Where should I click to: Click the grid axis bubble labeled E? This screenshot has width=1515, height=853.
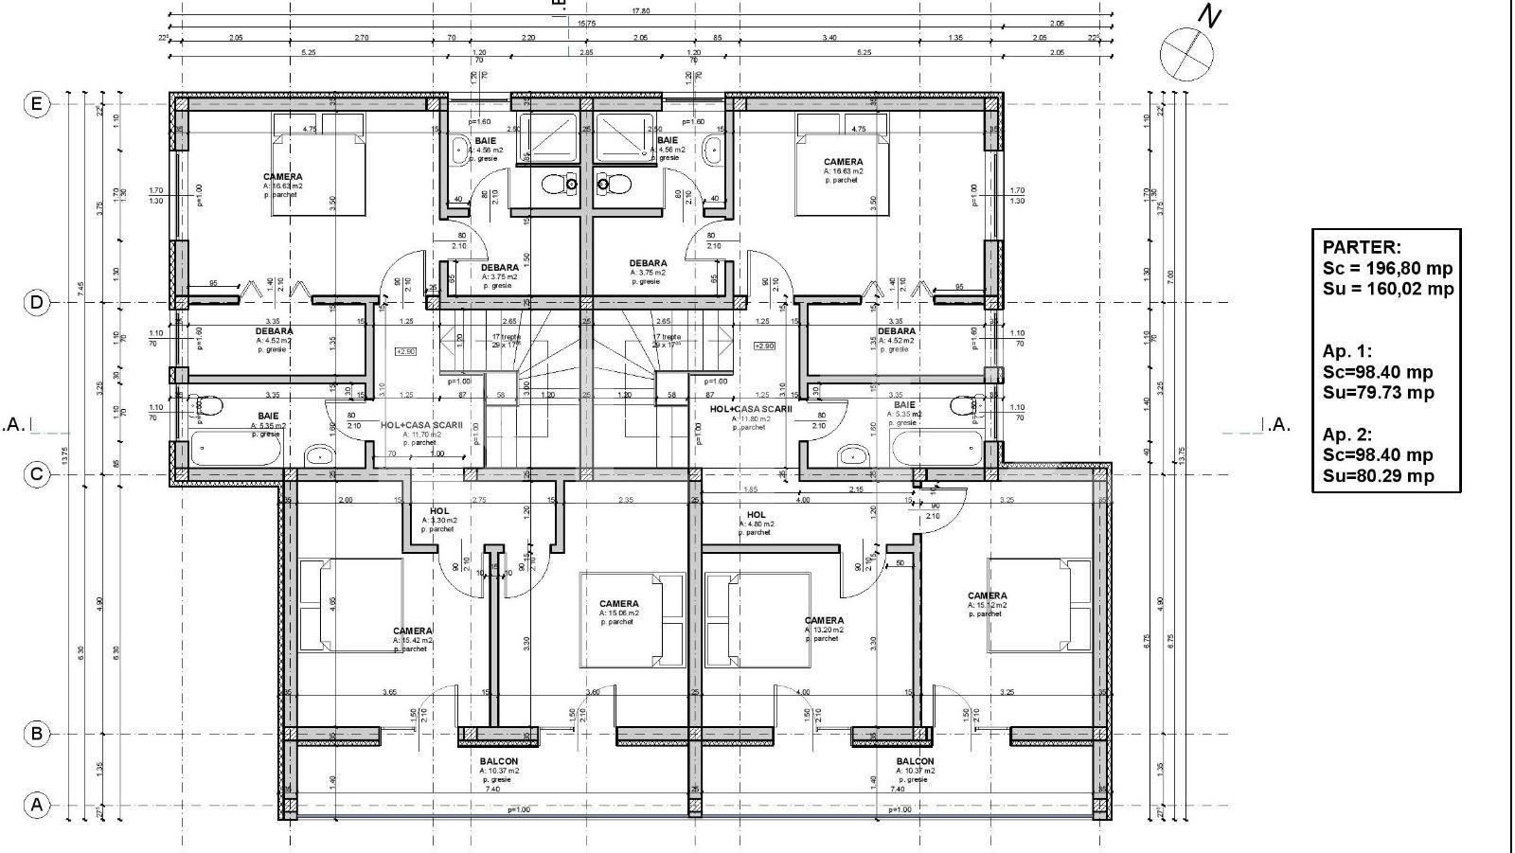[36, 103]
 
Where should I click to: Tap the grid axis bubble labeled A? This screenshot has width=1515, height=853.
[36, 806]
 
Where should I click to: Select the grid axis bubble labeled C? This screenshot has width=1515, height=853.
[36, 473]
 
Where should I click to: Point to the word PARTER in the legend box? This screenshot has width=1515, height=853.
[1361, 247]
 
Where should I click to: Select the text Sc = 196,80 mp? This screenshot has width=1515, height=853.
[1387, 268]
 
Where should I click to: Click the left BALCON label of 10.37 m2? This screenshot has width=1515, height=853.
[498, 761]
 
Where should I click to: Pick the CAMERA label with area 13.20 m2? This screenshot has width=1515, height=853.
[823, 621]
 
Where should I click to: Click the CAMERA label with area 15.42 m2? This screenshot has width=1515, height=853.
[412, 631]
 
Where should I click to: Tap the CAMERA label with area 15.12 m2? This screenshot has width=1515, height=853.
[987, 596]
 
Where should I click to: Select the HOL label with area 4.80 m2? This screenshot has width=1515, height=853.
[757, 514]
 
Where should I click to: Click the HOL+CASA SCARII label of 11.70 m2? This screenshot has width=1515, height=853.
[421, 426]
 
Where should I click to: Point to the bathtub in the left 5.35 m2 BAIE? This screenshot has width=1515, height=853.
[236, 448]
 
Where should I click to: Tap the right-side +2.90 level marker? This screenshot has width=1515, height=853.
[763, 346]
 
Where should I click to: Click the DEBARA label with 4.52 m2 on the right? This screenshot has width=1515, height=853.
[896, 331]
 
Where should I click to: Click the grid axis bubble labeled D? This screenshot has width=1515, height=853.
[36, 303]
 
